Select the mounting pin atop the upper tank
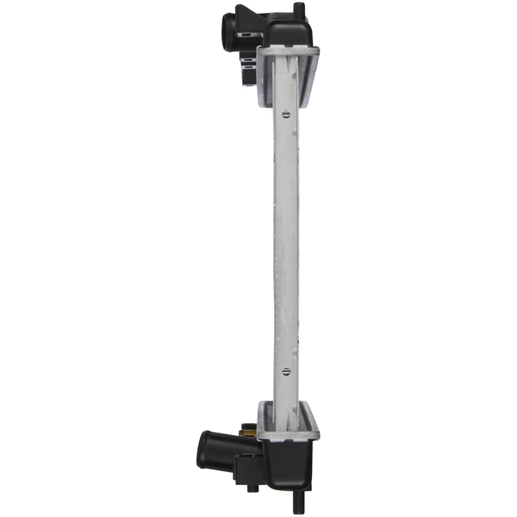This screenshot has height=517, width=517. pyautogui.click(x=298, y=9)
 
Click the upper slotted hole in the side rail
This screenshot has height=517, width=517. pyautogui.click(x=286, y=111)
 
